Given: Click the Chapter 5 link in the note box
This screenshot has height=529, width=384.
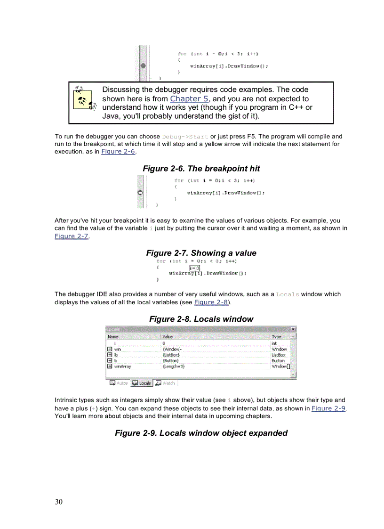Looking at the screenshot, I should [x=189, y=99].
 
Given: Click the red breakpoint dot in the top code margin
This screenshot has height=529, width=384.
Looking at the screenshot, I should [x=143, y=66].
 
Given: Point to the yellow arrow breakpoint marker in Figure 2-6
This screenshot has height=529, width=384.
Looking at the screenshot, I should [x=140, y=193].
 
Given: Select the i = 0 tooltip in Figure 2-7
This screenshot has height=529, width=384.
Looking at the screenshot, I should [x=194, y=268].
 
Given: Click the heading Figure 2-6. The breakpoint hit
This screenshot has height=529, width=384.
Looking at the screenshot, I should [x=201, y=169].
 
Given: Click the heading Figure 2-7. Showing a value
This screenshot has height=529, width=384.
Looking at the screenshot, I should [x=201, y=253].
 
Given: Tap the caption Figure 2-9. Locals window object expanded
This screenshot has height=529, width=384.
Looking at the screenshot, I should [x=201, y=433].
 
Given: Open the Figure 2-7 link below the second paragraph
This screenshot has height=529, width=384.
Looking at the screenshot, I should [x=72, y=236].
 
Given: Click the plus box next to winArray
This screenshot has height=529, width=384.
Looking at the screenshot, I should [x=110, y=366].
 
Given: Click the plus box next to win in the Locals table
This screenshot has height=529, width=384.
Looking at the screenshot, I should [x=110, y=349].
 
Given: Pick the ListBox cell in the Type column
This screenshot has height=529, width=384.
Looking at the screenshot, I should [x=278, y=355].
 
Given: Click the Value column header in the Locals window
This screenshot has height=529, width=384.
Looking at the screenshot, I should [x=168, y=336].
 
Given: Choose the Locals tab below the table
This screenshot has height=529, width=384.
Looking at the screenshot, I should [x=142, y=383].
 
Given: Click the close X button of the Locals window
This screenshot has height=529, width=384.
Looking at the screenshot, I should [x=293, y=329].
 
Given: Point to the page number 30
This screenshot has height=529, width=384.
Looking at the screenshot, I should [x=58, y=502].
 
